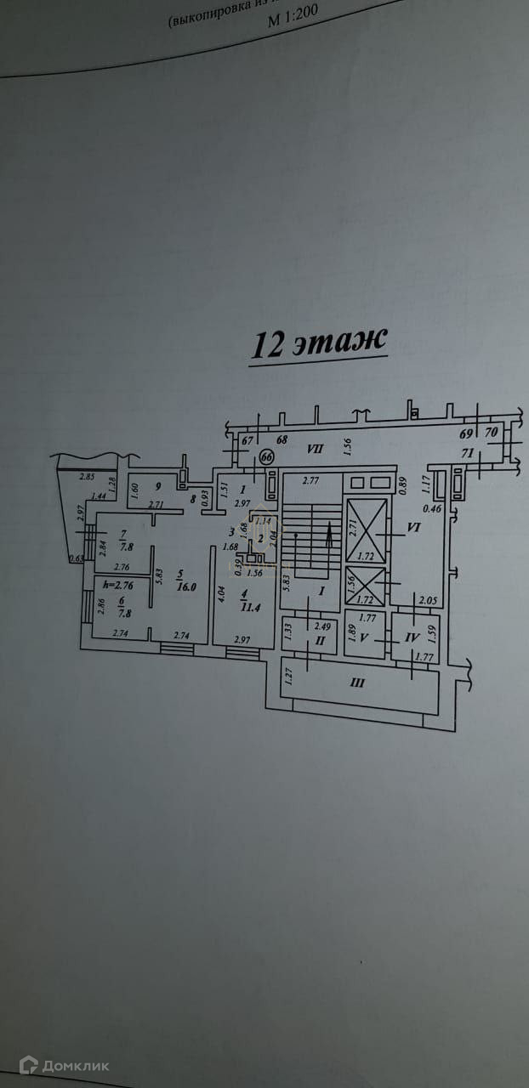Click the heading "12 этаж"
pos(319,344)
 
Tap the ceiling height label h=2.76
pos(118,584)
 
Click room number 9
pos(158,487)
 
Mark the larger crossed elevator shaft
pos(367,530)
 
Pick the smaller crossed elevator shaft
pos(367,586)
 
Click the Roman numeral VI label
pos(415,528)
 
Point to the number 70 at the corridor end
pos(491,431)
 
